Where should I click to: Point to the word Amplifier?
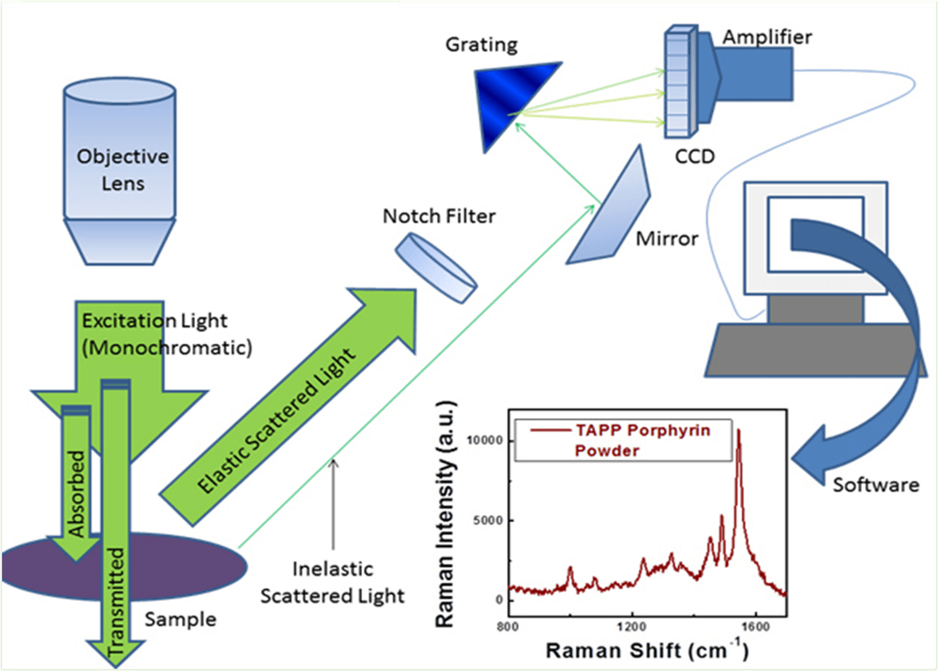[767, 37]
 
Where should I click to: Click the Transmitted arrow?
[115, 525]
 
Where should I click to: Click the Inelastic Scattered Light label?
[332, 582]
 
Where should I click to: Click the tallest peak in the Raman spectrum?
[738, 431]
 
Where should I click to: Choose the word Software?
[874, 485]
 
